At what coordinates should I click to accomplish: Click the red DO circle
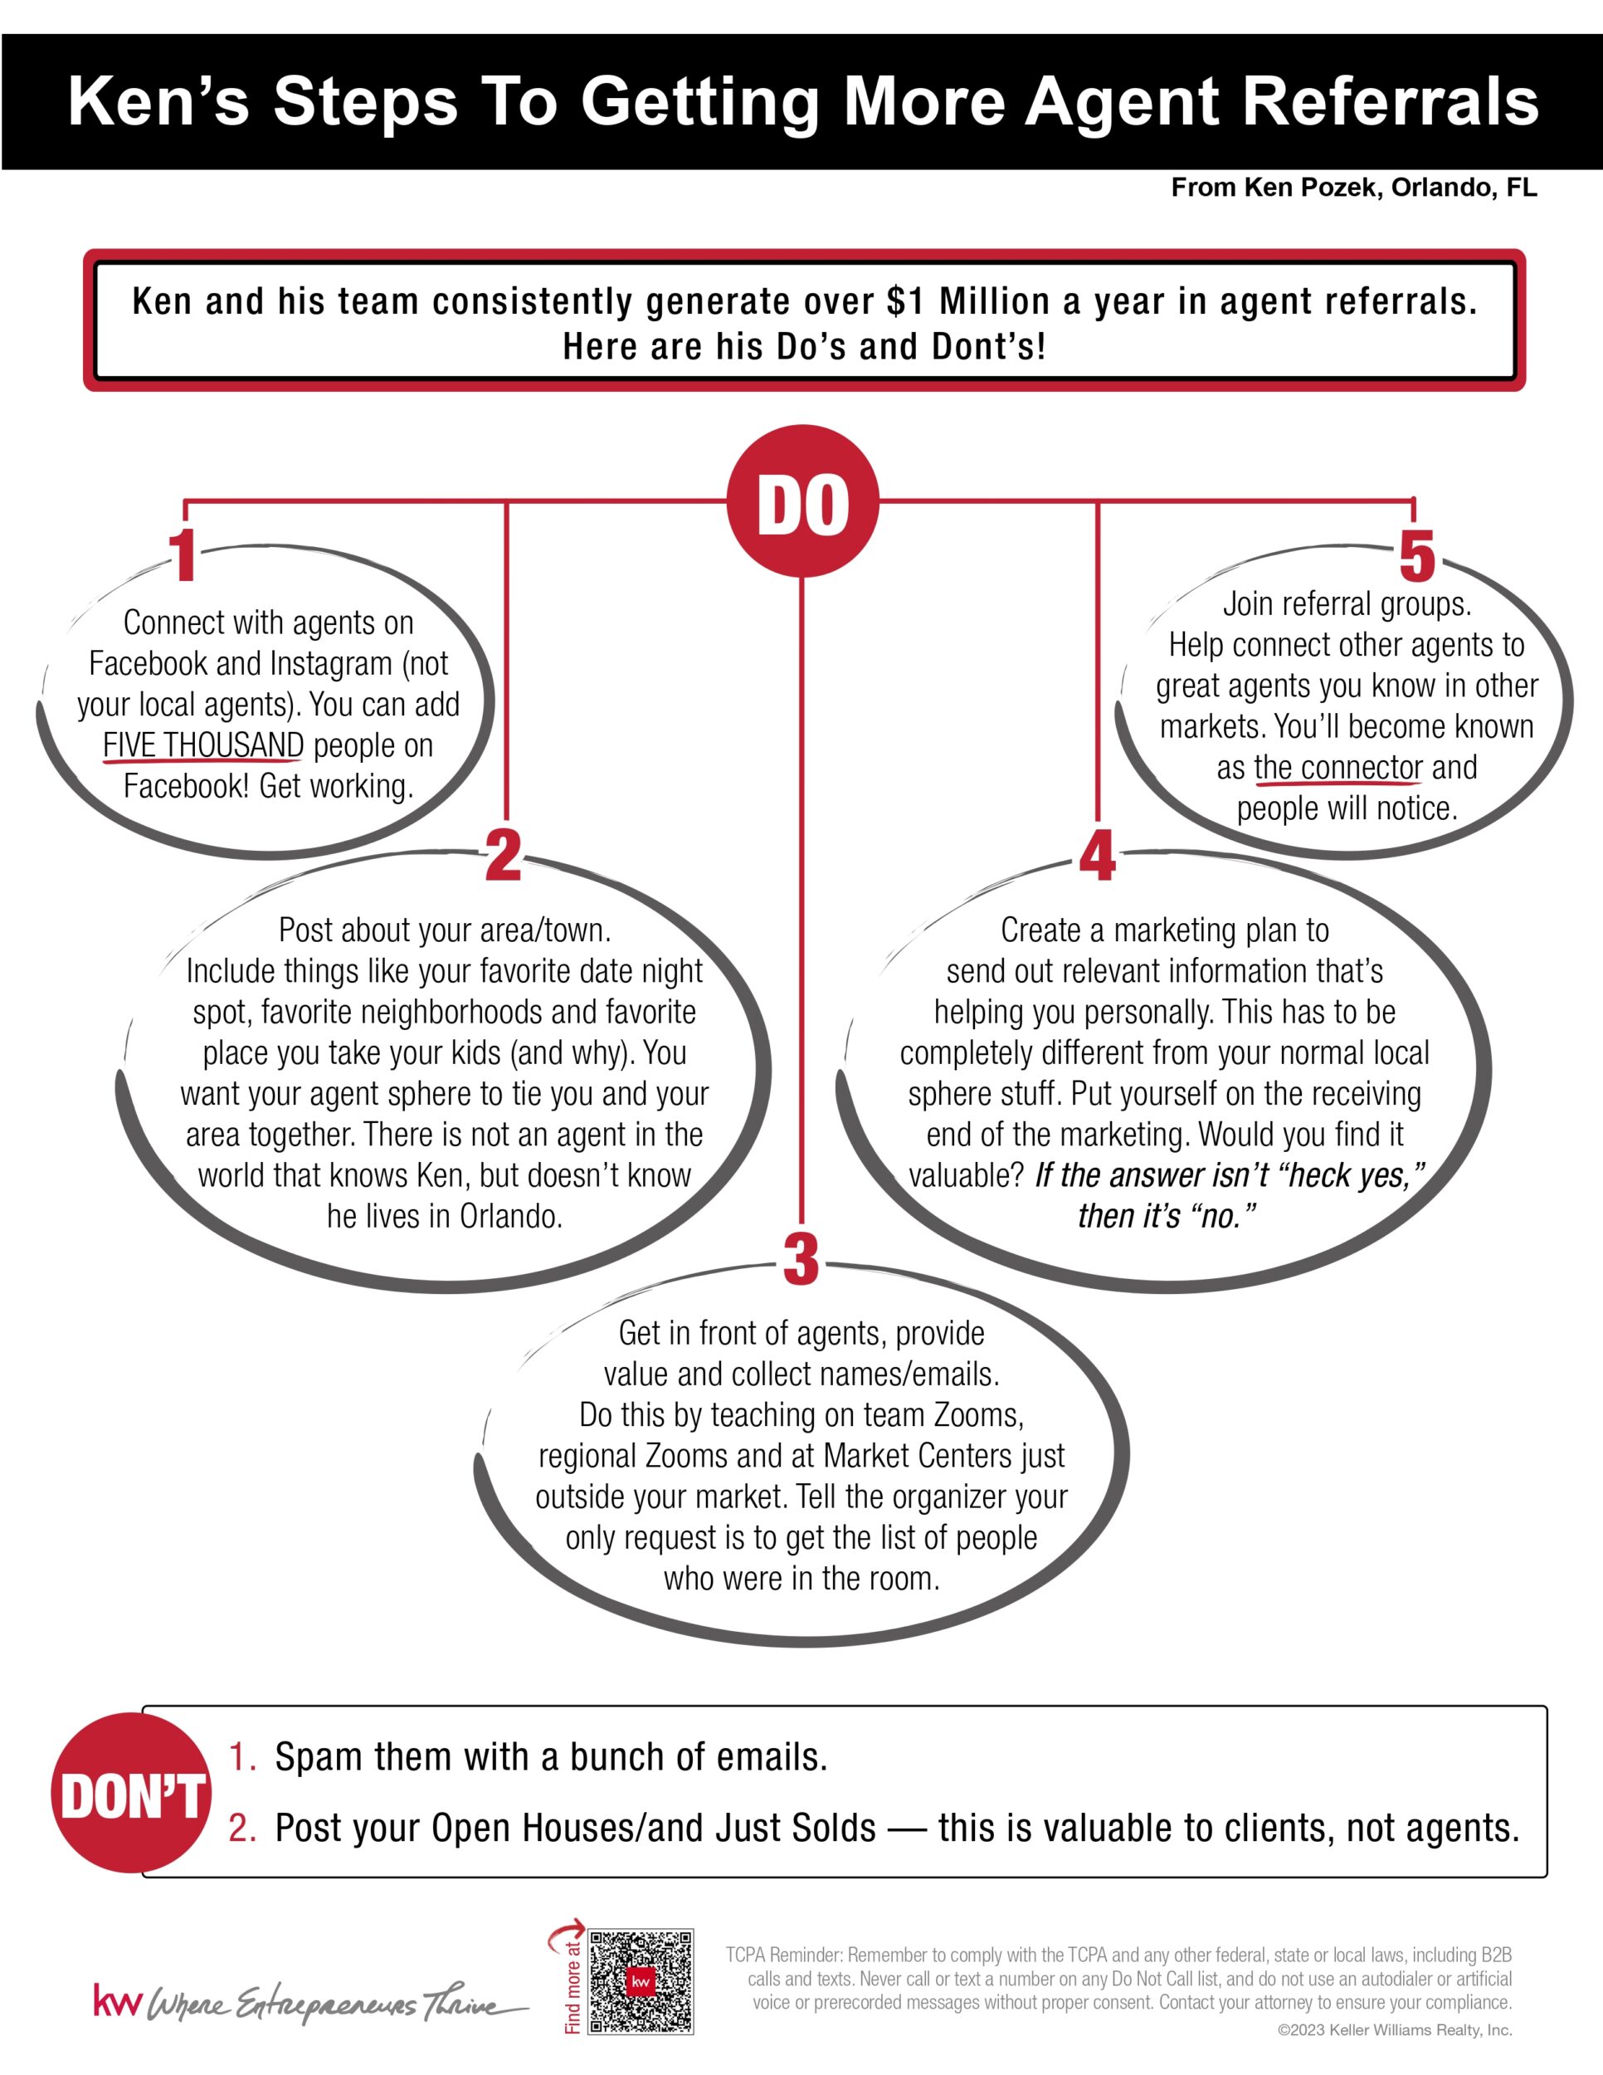(802, 500)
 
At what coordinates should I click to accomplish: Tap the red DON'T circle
(131, 1793)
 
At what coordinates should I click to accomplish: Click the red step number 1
(183, 556)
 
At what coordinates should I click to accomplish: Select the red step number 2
(504, 854)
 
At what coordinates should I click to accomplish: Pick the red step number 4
(1097, 854)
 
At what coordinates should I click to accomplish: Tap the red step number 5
(1416, 556)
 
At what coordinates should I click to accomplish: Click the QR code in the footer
(641, 1981)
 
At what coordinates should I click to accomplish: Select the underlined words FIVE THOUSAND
(203, 745)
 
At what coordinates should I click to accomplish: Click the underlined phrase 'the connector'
(1338, 767)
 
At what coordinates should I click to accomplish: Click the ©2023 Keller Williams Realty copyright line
(1394, 2030)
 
